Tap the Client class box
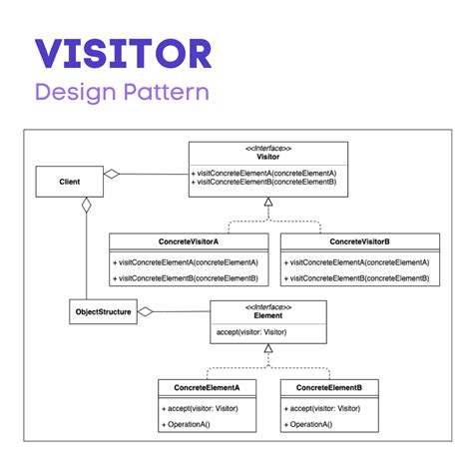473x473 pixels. point(69,181)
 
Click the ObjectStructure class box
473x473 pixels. point(102,312)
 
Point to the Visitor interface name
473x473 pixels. point(268,157)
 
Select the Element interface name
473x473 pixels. point(268,315)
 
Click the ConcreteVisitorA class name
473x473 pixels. point(189,241)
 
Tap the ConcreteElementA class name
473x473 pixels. point(207,386)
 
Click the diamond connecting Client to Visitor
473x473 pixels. point(112,175)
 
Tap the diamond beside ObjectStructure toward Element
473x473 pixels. point(146,312)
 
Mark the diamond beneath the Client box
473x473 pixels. point(86,205)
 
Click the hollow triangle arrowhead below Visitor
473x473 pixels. point(268,202)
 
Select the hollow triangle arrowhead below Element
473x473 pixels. point(268,348)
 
